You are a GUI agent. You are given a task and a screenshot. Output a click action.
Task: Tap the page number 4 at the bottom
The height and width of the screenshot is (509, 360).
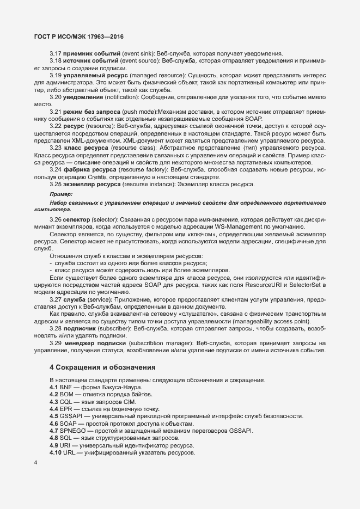35,463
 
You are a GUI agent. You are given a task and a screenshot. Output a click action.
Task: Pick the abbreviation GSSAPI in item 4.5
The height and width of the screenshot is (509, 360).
72,416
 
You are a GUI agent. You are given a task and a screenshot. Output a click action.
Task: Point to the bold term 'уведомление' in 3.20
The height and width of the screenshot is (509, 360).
83,96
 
